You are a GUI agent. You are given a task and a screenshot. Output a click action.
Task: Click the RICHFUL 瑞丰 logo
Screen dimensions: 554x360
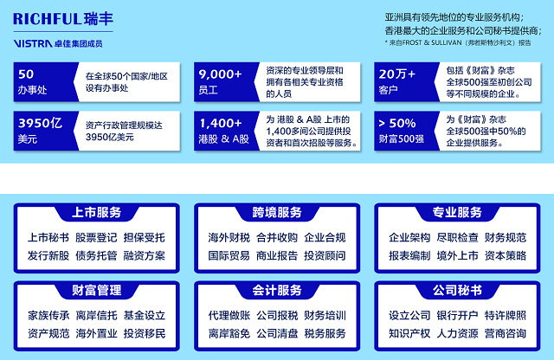[x=63, y=19]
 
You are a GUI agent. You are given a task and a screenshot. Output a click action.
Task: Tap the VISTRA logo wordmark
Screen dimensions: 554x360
[x=33, y=43]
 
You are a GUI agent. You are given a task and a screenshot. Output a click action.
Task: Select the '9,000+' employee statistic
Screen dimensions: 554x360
[x=220, y=74]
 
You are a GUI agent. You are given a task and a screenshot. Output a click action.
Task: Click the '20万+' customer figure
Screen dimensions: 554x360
[x=396, y=74]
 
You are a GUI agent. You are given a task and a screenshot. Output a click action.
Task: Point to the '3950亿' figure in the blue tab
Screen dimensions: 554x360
[x=41, y=123]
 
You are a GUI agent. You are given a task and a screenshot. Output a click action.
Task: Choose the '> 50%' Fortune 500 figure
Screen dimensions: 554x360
[x=396, y=123]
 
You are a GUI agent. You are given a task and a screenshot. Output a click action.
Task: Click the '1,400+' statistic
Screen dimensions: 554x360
[x=221, y=123]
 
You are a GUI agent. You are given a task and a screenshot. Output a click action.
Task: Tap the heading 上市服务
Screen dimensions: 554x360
[x=96, y=212]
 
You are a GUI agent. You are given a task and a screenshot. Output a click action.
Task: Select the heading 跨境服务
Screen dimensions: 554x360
[x=277, y=212]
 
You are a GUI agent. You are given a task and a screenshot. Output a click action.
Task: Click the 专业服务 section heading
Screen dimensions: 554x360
[x=457, y=212]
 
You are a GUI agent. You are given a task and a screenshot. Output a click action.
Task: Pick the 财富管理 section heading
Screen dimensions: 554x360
[x=96, y=291]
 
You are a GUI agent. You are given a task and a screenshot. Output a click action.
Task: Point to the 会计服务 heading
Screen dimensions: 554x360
[x=277, y=291]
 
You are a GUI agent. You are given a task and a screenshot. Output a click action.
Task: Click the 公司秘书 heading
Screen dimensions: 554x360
[x=457, y=291]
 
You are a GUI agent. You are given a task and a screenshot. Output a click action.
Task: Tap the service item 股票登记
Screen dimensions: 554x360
[x=96, y=238]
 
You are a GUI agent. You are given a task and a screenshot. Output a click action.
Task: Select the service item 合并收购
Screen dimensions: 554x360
[x=277, y=238]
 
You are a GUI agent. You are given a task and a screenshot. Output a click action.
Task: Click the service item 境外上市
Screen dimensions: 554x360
[x=457, y=256]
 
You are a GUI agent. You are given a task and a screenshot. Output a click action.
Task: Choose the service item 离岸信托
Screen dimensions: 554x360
[x=96, y=316]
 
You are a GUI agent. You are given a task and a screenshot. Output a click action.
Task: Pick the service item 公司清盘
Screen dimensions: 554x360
[x=277, y=333]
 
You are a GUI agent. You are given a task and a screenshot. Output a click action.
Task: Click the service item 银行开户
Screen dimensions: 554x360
[x=457, y=316]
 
